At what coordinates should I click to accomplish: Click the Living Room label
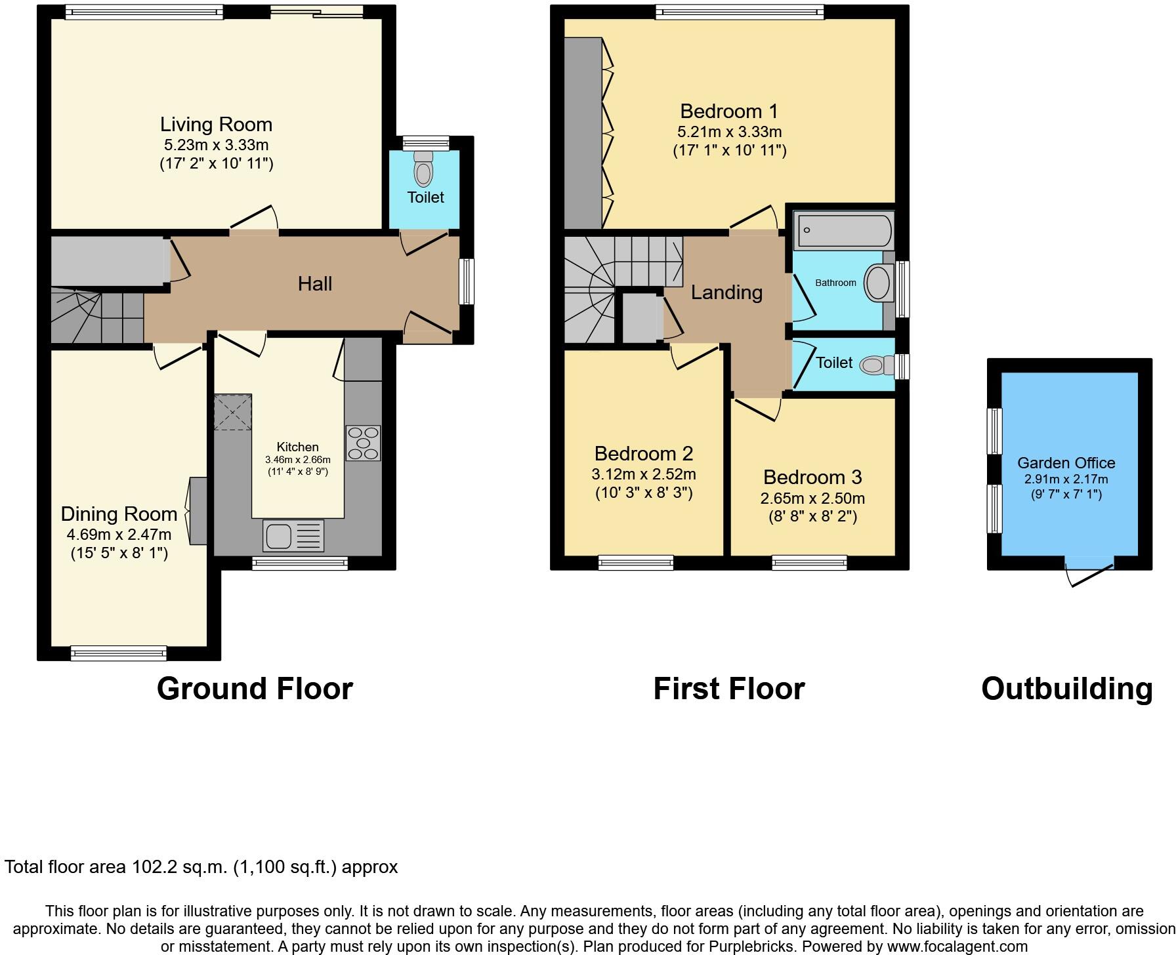(216, 124)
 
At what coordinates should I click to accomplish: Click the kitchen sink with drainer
(293, 535)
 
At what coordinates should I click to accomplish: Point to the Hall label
(315, 283)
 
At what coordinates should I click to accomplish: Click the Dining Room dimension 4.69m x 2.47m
(119, 535)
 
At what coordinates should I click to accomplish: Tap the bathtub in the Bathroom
(843, 230)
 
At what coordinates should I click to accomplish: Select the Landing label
(726, 292)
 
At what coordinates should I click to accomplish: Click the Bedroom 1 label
(728, 111)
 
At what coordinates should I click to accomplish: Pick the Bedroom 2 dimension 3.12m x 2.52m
(643, 474)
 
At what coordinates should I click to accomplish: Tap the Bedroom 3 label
(812, 477)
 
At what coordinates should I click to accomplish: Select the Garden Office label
(1066, 462)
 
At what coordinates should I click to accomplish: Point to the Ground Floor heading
(255, 689)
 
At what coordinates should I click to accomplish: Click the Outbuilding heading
(1066, 689)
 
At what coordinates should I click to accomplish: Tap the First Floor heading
(728, 689)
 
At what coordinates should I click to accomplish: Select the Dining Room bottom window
(119, 653)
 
